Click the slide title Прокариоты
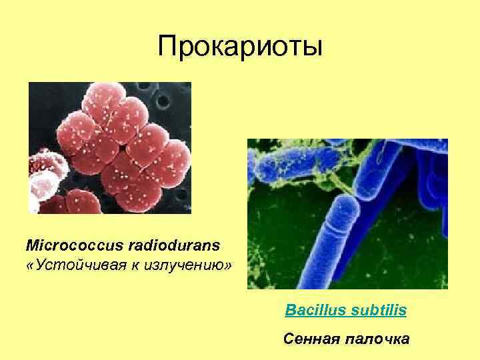click(240, 47)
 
